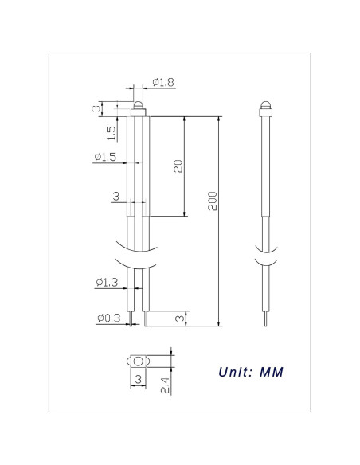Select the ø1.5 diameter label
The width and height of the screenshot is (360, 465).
(105, 158)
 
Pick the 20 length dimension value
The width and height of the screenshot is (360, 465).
(178, 166)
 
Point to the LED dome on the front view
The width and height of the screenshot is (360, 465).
(139, 107)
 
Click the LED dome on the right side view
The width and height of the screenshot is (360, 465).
(266, 107)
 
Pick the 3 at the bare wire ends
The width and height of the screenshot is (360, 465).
(179, 318)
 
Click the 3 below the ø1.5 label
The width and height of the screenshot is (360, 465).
(116, 196)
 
